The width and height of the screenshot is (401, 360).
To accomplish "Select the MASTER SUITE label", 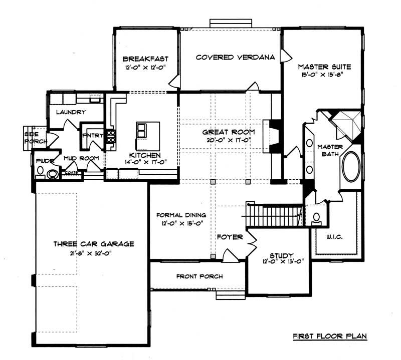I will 324,66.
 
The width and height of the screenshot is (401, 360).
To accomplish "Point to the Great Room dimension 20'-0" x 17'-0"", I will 229,140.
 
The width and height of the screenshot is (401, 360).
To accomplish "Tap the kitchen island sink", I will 141,131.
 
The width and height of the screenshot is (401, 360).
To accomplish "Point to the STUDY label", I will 281,255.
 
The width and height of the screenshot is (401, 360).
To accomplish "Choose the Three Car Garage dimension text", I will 93,253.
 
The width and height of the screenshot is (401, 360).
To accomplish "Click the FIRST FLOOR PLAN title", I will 329,336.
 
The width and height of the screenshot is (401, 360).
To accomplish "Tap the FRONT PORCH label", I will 199,276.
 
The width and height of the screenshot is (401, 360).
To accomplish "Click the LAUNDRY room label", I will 71,112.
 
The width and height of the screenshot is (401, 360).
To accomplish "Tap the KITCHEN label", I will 144,155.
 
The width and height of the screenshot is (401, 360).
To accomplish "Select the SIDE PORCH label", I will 35,138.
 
